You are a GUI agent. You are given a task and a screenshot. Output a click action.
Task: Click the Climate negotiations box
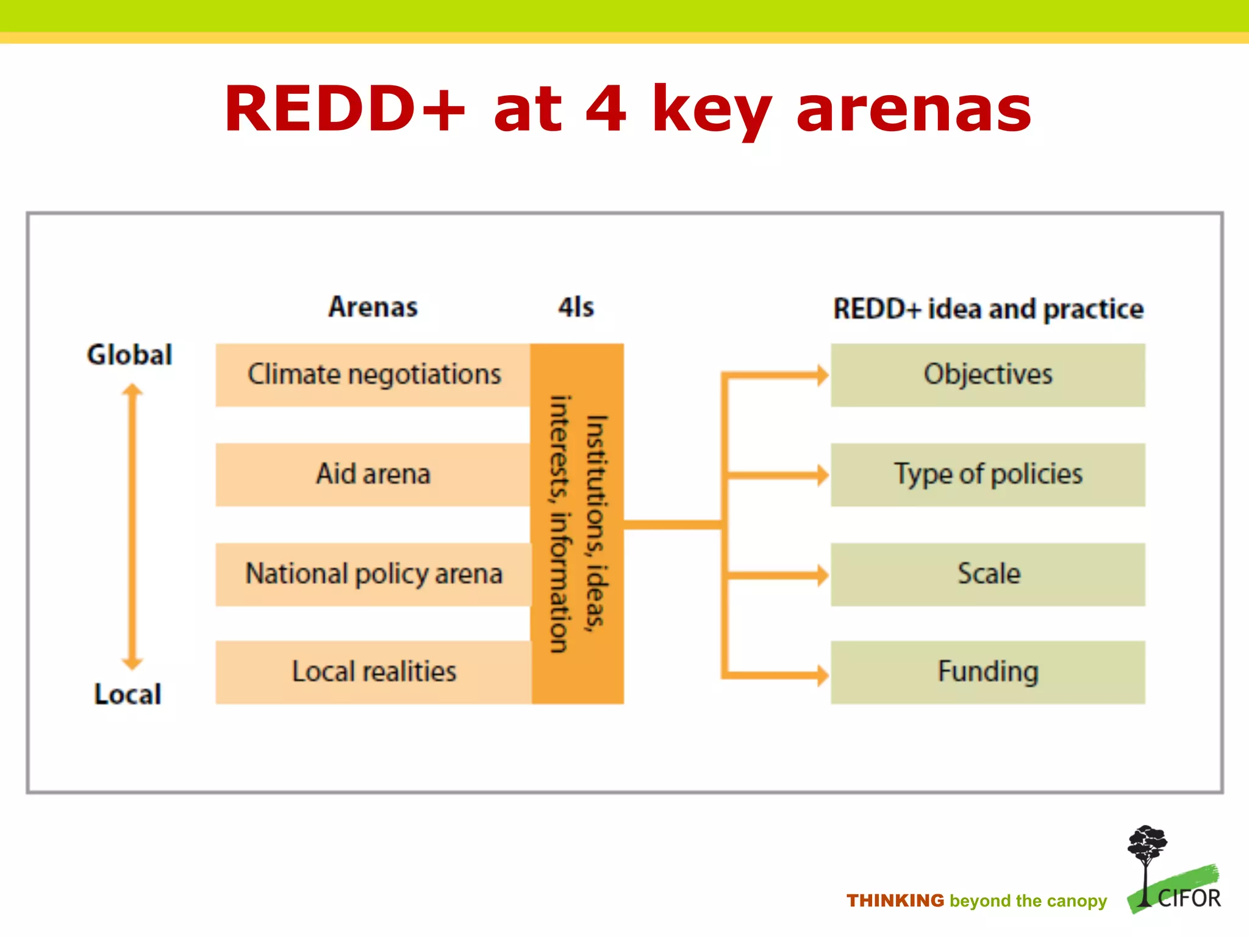click(x=373, y=375)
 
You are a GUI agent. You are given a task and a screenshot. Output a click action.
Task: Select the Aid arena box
click(x=373, y=475)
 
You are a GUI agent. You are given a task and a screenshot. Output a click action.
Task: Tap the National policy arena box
click(x=373, y=574)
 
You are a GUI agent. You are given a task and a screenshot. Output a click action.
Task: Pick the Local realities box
click(x=373, y=672)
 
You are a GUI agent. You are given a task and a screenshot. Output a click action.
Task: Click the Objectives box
click(x=987, y=375)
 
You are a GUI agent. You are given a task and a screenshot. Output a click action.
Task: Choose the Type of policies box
click(x=987, y=475)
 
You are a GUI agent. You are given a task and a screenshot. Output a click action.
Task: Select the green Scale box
click(x=987, y=574)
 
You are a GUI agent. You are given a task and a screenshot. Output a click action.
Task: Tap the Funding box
click(x=987, y=672)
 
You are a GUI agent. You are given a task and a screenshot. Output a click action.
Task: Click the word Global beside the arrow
click(x=129, y=354)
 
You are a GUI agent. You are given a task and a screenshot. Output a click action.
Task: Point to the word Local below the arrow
click(x=128, y=694)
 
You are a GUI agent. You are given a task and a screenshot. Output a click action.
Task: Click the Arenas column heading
click(x=373, y=307)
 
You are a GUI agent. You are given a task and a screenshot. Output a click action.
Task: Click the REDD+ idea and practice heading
click(x=988, y=309)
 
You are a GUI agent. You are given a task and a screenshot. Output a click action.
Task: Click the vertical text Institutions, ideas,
click(x=596, y=523)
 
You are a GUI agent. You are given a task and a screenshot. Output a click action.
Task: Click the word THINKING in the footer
click(x=895, y=900)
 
